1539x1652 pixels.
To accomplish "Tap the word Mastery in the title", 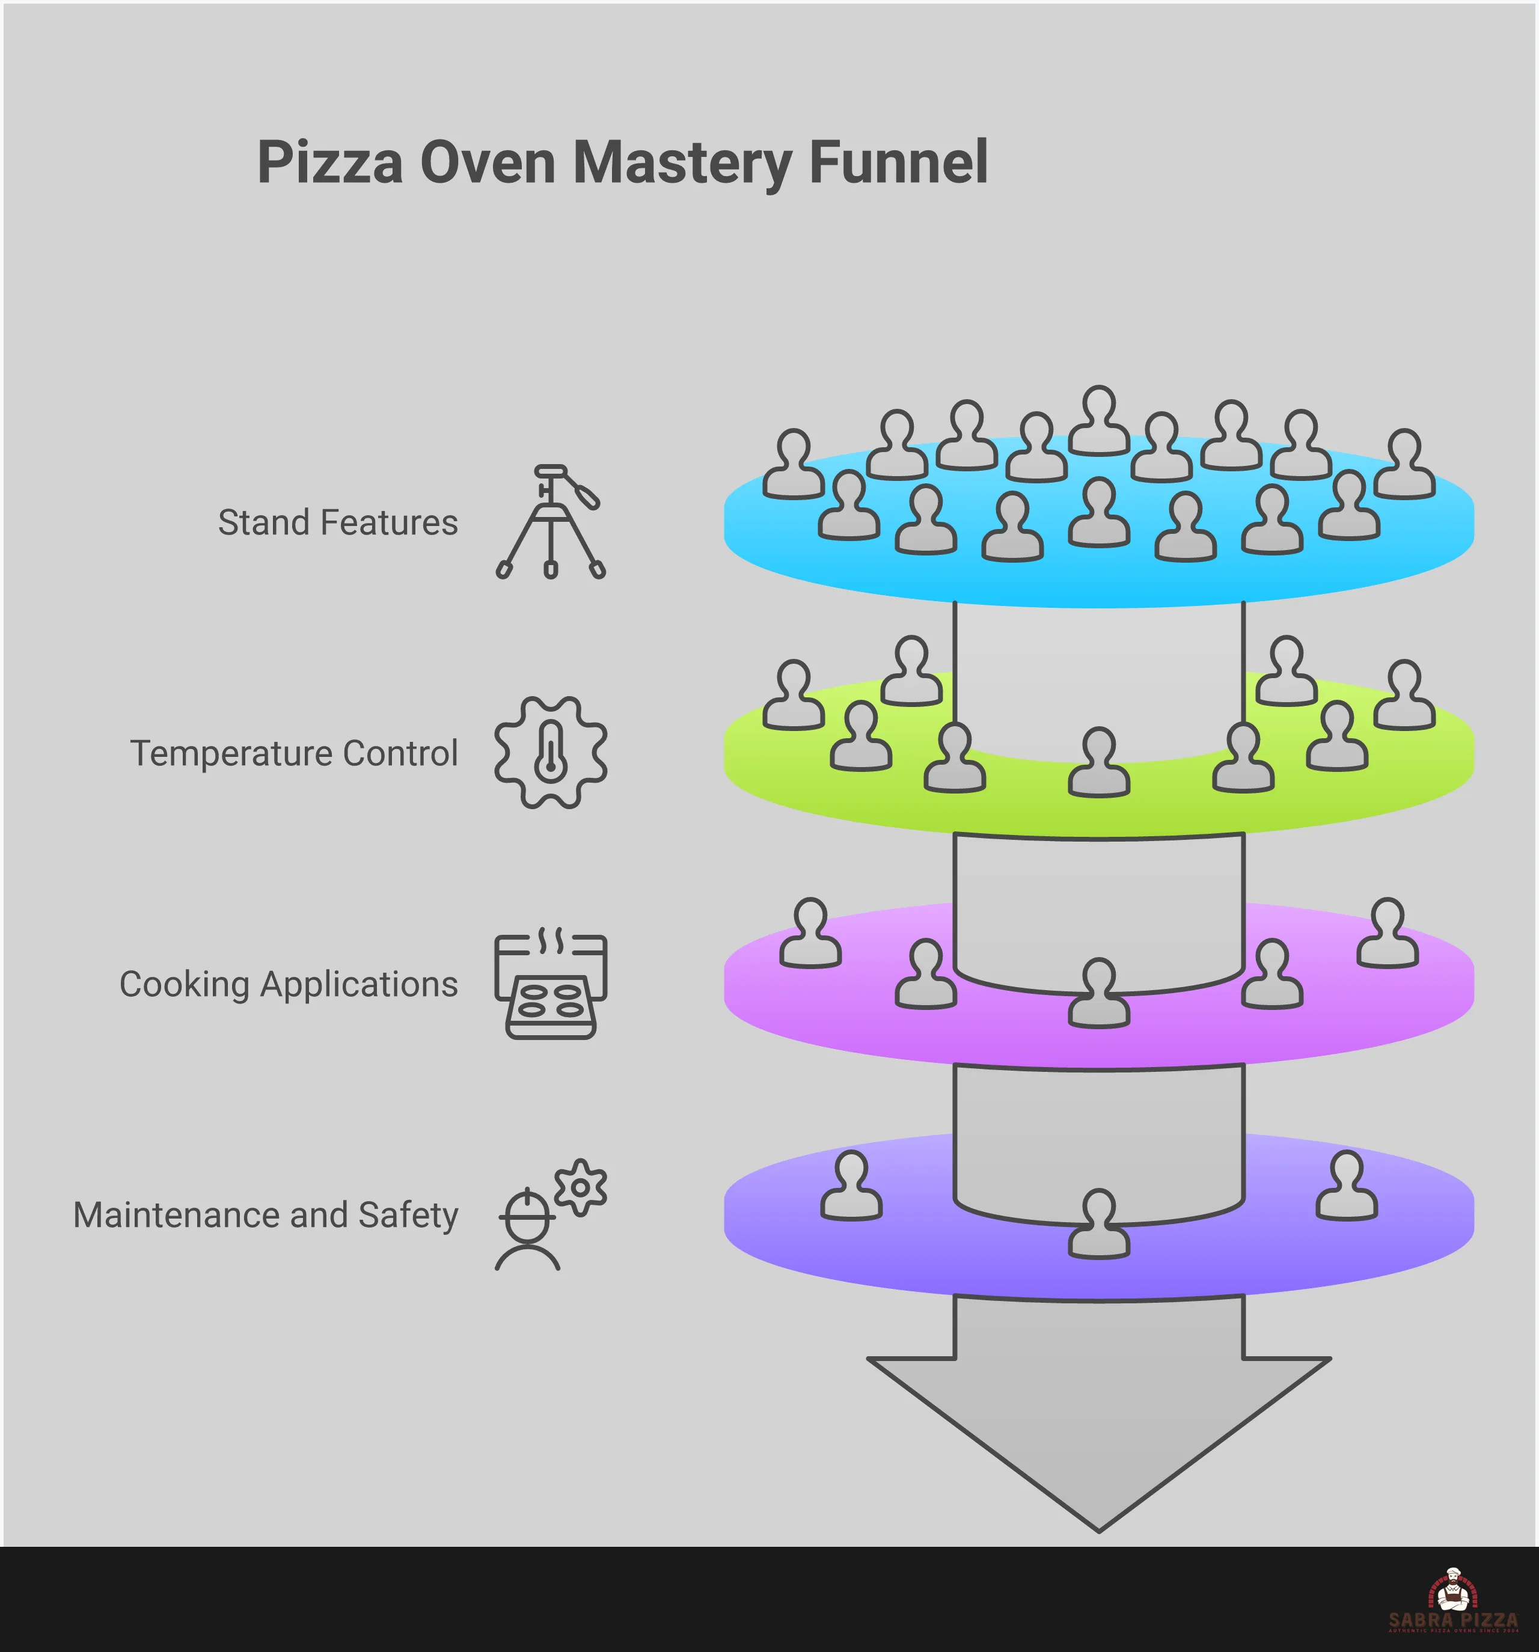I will pos(681,164).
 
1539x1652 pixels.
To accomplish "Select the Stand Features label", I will pos(337,522).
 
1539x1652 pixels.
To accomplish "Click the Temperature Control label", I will pos(293,754).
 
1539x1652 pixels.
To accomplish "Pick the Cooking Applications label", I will pos(289,984).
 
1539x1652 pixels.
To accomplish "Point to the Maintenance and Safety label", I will pos(266,1215).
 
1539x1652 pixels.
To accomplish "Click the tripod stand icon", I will pos(550,522).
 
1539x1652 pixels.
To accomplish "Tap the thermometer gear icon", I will pos(550,753).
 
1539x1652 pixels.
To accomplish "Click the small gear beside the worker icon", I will pos(580,1187).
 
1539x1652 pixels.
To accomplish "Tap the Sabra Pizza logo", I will pos(1452,1600).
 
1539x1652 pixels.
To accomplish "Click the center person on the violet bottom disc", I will pos(1098,1225).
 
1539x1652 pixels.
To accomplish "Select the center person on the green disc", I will pos(1098,763).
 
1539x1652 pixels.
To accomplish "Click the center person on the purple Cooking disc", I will pos(1098,994).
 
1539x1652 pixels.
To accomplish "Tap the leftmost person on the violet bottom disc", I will pos(851,1187).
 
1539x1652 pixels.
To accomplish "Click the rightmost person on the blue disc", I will pos(1404,465).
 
